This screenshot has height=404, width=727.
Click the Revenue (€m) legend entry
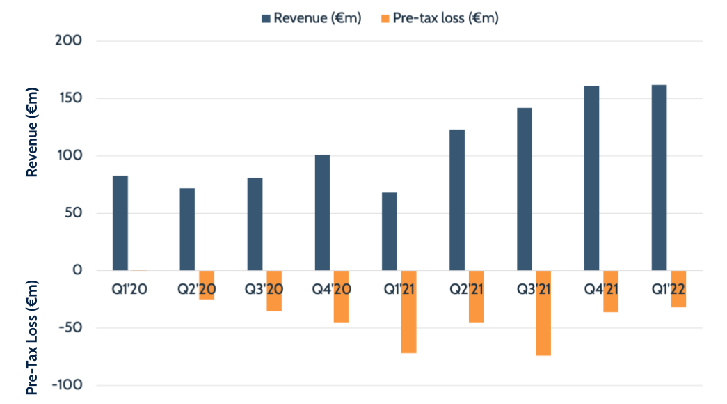click(311, 19)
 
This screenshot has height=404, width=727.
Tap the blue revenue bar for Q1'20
click(120, 223)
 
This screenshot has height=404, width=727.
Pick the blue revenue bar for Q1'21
click(390, 231)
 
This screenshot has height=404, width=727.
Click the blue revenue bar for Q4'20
click(322, 212)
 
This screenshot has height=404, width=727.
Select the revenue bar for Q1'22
click(659, 178)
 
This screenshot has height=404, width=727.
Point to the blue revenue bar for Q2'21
click(457, 200)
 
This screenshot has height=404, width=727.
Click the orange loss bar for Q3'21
click(543, 313)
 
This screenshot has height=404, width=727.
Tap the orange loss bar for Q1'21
click(408, 311)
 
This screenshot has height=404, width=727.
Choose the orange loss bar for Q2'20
click(207, 285)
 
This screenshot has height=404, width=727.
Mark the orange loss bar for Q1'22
click(678, 288)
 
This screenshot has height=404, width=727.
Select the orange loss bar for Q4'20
click(341, 296)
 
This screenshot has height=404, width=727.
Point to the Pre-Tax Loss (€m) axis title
click(32, 338)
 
